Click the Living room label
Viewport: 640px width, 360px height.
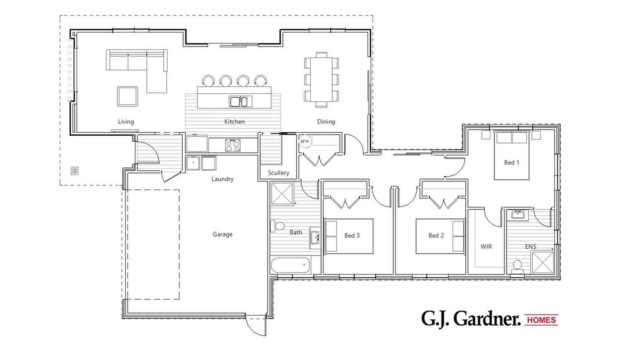(x=126, y=122)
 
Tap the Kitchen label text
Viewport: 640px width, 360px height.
(x=234, y=122)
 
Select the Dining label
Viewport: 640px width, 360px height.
(x=326, y=122)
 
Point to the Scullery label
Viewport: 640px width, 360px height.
(x=278, y=173)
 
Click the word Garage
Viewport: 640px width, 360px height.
(x=222, y=234)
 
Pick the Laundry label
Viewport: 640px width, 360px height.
(x=222, y=179)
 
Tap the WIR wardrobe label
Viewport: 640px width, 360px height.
(x=486, y=247)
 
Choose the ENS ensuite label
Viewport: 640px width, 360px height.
(x=530, y=247)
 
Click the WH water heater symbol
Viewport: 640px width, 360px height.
(x=304, y=141)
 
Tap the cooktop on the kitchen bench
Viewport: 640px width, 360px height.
(x=233, y=145)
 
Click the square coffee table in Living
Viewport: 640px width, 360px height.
(x=127, y=96)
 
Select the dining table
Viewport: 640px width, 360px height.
(x=321, y=80)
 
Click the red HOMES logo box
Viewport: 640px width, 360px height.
(x=541, y=320)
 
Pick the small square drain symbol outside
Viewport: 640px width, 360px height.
(x=75, y=171)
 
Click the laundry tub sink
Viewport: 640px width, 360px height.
(x=193, y=163)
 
